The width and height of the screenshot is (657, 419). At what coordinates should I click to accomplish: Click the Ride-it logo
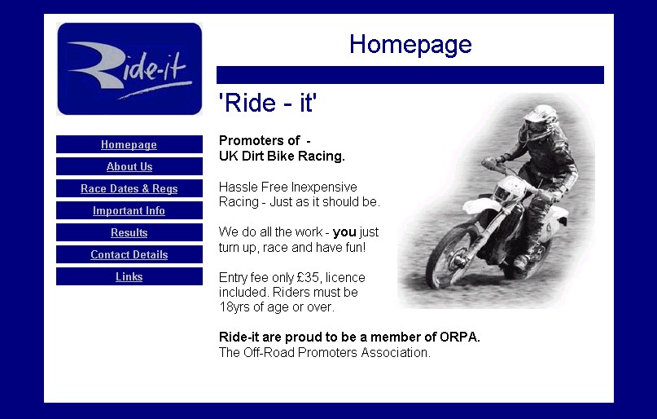point(129,68)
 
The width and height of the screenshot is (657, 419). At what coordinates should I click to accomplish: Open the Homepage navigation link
point(129,145)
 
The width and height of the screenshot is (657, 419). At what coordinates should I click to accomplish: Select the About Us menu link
point(129,166)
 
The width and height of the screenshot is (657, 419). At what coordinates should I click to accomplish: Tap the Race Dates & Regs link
point(129,189)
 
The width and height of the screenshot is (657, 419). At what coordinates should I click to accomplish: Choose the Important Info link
point(129,210)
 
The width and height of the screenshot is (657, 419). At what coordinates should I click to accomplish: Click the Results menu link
point(129,233)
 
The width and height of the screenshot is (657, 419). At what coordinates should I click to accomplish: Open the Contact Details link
point(129,254)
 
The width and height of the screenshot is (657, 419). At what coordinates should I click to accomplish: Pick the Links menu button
point(129,277)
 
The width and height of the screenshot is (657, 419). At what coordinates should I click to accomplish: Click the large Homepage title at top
point(410,45)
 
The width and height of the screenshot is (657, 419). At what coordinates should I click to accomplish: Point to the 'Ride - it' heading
point(268,103)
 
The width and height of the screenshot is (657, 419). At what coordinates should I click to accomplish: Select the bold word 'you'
point(344,232)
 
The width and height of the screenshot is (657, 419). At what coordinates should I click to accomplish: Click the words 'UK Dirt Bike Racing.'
point(282,157)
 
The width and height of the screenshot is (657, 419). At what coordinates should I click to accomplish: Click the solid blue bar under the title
point(410,75)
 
